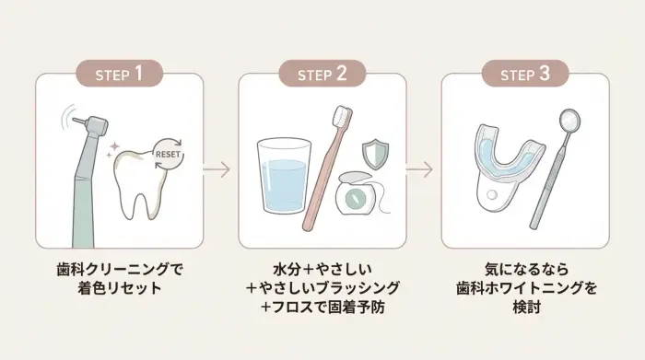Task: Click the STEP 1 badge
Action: [119, 74]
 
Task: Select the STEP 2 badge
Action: [322, 74]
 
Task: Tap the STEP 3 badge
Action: [525, 74]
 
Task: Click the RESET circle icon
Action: [167, 155]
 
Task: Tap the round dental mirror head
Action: [569, 120]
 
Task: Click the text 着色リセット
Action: [120, 289]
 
